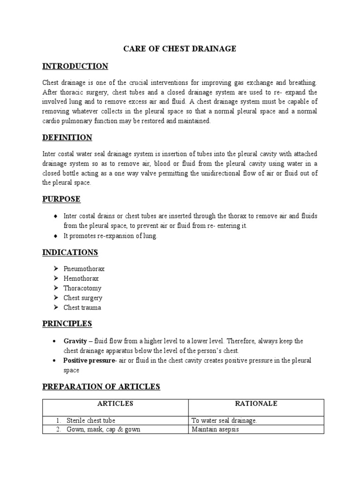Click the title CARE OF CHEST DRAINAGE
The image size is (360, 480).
tap(180, 48)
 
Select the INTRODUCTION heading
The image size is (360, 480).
tap(75, 66)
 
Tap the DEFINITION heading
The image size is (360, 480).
tap(67, 137)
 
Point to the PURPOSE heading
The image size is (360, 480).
tap(61, 199)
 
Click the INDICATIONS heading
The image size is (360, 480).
tap(70, 252)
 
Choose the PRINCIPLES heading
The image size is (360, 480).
tap(67, 323)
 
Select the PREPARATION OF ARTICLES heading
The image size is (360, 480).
tap(101, 386)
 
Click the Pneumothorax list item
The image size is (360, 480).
tap(84, 269)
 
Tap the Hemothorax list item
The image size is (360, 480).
tap(81, 278)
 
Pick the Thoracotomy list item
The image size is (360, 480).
tap(82, 288)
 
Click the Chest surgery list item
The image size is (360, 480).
tap(83, 298)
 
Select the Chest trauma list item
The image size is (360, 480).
tap(82, 307)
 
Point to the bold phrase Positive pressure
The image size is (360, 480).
tap(89, 360)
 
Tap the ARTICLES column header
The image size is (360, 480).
tap(115, 404)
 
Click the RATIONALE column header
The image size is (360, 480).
tap(256, 404)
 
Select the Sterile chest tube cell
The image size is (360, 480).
tap(91, 420)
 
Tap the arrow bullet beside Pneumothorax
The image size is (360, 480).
tap(55, 269)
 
